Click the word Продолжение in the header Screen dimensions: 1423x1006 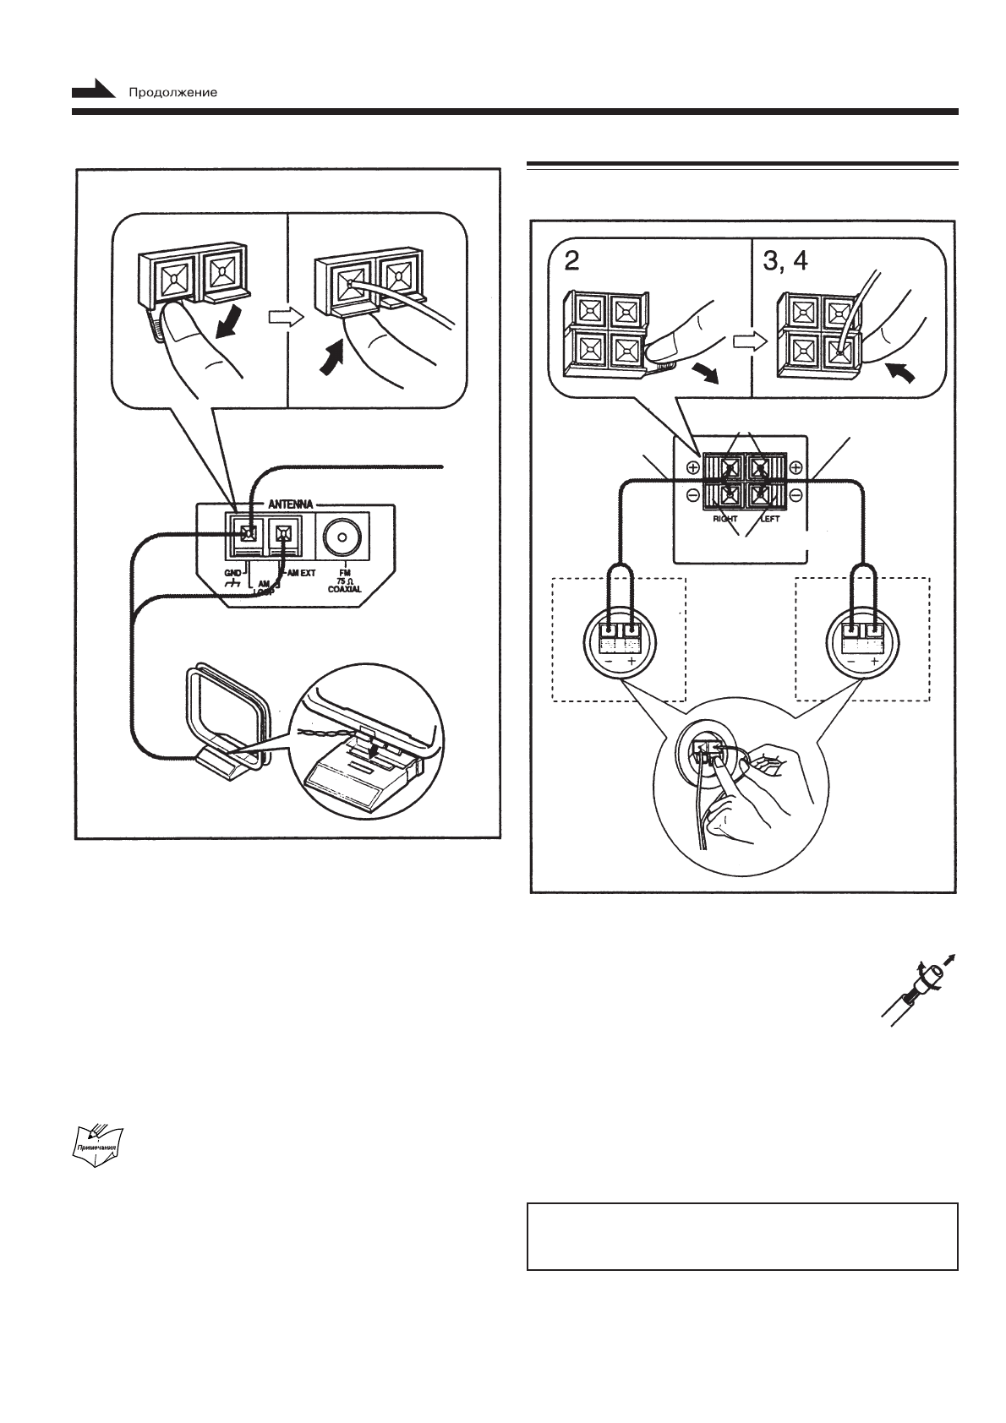coord(172,92)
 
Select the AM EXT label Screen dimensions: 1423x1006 coord(298,573)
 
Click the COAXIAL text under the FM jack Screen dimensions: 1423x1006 coord(345,589)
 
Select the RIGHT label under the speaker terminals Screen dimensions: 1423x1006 coord(724,519)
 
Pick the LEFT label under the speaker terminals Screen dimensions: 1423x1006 coord(769,519)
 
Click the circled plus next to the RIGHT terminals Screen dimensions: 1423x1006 coord(693,467)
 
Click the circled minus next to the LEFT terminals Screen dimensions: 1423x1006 coord(796,493)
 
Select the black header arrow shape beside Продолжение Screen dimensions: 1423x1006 coord(93,90)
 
